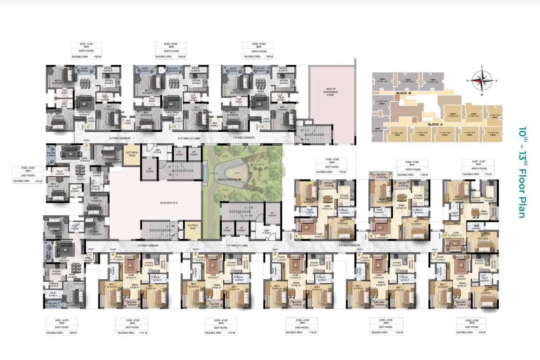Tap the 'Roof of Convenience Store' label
(332, 90)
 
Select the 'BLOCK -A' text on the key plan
(435, 124)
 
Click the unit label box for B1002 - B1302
(170, 50)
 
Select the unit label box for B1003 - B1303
(257, 50)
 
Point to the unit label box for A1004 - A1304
(300, 327)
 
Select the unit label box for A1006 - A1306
(471, 327)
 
